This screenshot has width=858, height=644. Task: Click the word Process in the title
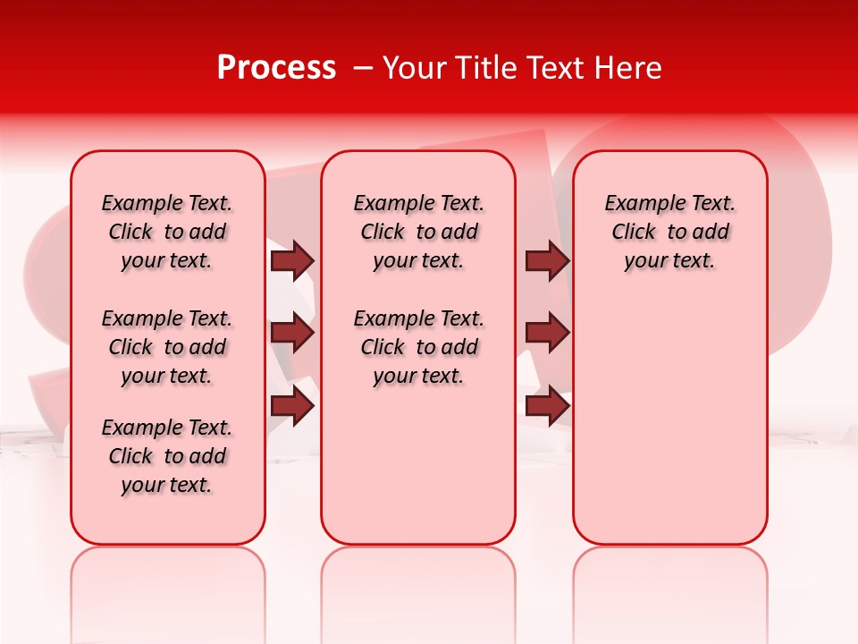(276, 68)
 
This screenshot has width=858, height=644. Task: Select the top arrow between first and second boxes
(292, 260)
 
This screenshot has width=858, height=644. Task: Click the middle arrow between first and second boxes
(292, 334)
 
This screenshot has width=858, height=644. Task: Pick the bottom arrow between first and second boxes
(292, 406)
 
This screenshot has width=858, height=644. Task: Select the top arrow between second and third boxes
(547, 260)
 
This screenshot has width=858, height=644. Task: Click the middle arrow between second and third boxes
(547, 334)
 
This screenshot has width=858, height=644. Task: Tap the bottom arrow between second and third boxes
(547, 406)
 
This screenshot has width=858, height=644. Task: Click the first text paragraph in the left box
(167, 232)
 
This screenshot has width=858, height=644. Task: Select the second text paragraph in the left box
(167, 347)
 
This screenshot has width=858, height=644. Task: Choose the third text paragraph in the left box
(167, 456)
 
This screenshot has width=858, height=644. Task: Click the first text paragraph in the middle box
(418, 232)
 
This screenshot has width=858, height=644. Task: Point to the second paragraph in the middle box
(418, 347)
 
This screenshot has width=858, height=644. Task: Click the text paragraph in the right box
(669, 232)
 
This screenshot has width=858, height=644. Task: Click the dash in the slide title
(363, 68)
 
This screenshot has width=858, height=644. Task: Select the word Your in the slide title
(415, 68)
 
